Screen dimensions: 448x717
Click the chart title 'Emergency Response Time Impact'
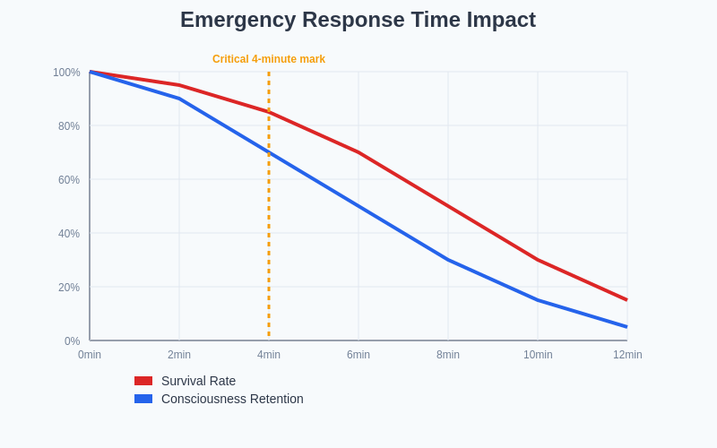pos(358,20)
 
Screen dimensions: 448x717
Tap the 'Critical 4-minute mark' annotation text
pos(269,59)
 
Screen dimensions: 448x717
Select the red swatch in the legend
pos(143,381)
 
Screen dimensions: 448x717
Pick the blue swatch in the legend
pos(143,399)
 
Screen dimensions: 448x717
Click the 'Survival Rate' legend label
pos(198,381)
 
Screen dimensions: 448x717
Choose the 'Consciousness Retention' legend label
pos(232,399)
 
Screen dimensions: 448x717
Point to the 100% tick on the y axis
pos(66,73)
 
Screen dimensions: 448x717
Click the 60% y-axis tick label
pos(69,180)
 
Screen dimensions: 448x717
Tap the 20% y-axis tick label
pos(69,288)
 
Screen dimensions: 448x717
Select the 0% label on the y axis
pos(72,341)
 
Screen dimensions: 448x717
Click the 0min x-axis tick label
pos(90,355)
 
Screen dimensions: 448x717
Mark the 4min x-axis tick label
pos(269,355)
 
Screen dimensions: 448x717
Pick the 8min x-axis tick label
pos(448,355)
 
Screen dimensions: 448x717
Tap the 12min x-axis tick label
pos(627,355)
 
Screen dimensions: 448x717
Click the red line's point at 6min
pos(358,152)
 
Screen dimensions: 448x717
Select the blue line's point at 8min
pos(448,260)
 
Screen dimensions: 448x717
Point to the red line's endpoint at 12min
pos(626,300)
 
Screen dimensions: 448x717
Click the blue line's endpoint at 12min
pos(626,327)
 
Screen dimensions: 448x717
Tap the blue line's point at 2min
pos(179,99)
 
